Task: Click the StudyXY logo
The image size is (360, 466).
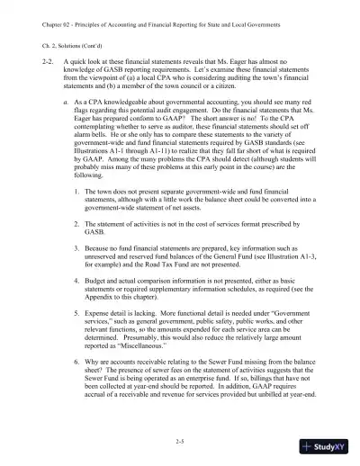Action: (x=328, y=447)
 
